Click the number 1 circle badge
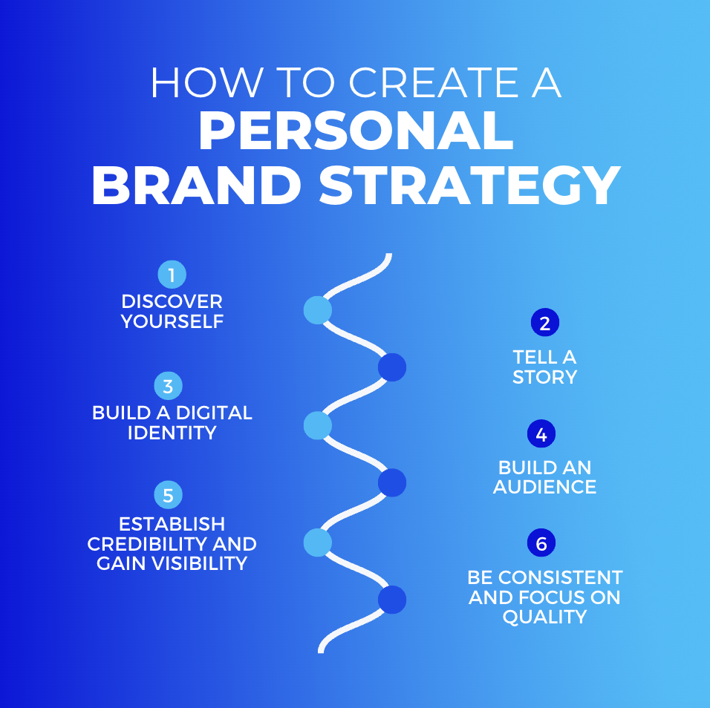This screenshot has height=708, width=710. [172, 274]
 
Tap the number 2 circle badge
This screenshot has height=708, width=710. [544, 323]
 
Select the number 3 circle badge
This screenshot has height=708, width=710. [168, 386]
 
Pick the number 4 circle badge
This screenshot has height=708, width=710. [541, 434]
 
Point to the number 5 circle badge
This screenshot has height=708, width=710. [168, 495]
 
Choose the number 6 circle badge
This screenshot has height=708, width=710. [541, 543]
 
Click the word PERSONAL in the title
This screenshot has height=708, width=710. [356, 131]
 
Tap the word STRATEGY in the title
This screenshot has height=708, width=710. [470, 185]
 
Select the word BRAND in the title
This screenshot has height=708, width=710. [197, 185]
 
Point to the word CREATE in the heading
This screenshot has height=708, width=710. [433, 82]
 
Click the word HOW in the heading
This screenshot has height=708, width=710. [207, 82]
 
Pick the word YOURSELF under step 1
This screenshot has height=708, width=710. [172, 321]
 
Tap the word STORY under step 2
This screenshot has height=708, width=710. [544, 377]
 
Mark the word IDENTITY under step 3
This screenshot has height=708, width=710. [172, 433]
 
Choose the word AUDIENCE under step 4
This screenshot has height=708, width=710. [544, 487]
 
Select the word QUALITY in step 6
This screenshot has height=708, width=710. [544, 617]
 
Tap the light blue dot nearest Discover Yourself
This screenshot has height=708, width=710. [317, 310]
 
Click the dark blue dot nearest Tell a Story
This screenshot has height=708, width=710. [392, 367]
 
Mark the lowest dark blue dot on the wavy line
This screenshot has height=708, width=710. [392, 600]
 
